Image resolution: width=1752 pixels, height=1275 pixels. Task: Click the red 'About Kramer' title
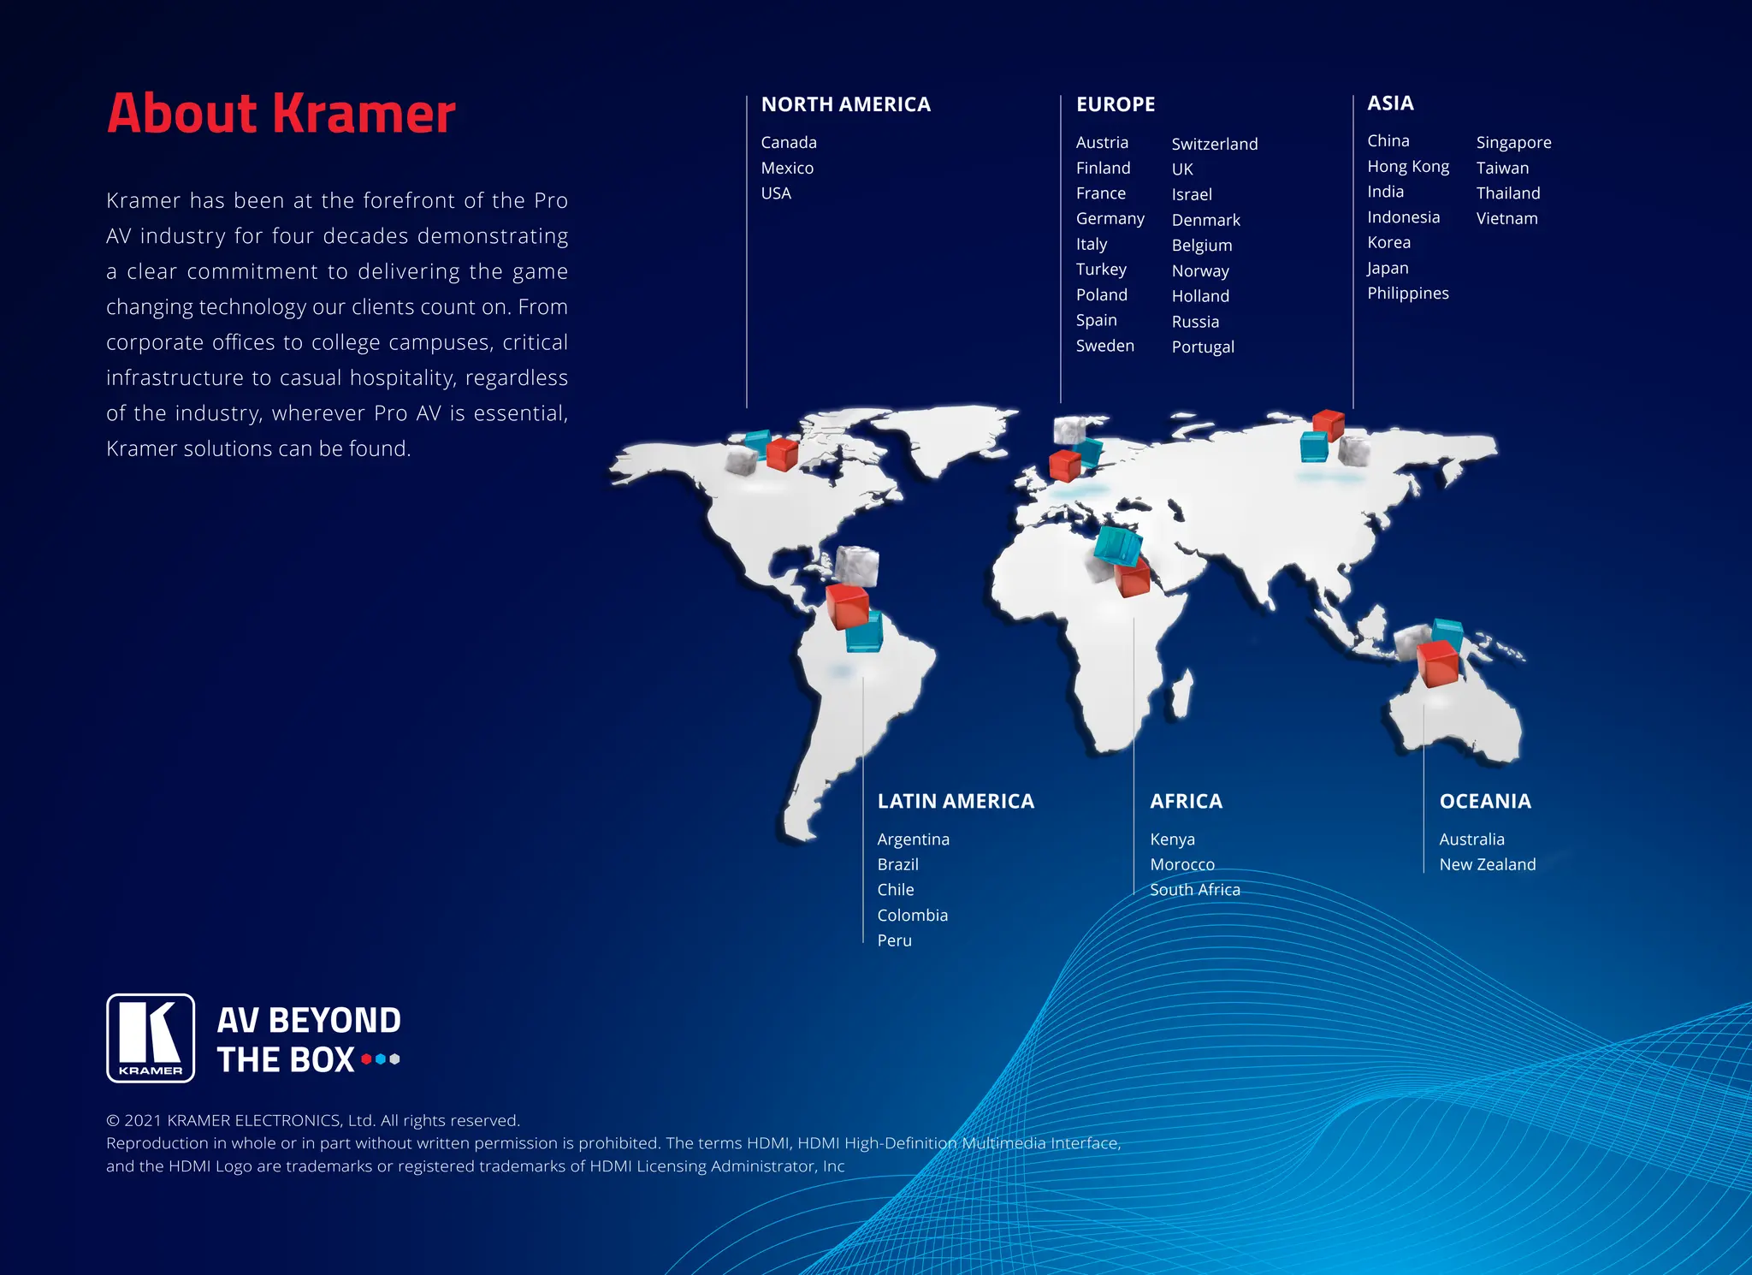coord(281,114)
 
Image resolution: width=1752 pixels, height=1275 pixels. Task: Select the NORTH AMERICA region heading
coord(845,104)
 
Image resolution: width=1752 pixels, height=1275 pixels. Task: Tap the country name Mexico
coord(787,169)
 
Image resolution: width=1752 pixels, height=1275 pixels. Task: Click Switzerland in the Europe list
coord(1214,144)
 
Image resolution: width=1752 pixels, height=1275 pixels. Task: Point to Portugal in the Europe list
coord(1202,347)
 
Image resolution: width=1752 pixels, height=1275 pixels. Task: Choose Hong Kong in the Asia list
coord(1407,167)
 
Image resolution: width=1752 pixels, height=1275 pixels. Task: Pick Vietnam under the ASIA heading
coord(1506,219)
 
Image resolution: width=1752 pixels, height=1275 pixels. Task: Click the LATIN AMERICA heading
coord(955,802)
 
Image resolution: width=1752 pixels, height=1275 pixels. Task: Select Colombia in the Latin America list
coord(912,916)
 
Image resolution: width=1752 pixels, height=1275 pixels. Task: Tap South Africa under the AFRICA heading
coord(1194,890)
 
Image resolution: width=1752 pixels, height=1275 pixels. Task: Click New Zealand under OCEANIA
coord(1487,865)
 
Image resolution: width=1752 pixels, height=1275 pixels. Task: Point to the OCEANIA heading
coord(1484,802)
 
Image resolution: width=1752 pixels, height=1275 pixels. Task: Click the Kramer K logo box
coord(151,1038)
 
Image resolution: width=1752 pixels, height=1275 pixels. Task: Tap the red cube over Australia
coord(1437,664)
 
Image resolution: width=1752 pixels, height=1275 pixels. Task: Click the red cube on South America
coord(847,606)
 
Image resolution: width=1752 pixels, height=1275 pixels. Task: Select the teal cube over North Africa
coord(1118,545)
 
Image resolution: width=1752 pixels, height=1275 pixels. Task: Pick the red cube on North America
coord(782,454)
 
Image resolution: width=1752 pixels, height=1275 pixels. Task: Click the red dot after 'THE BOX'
coord(367,1059)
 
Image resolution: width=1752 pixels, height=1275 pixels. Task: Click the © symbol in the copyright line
coord(113,1121)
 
